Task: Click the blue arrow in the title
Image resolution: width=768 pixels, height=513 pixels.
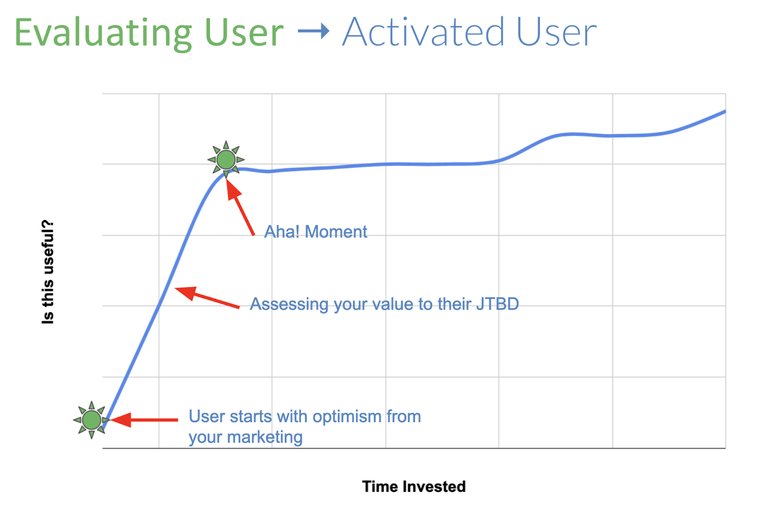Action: pos(313,32)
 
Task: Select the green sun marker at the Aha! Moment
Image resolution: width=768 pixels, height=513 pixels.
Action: pos(226,159)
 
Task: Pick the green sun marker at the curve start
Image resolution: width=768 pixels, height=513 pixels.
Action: pos(91,420)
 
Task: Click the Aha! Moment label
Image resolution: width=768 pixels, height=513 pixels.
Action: pos(315,232)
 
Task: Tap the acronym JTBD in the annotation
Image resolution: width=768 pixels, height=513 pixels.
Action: pos(497,304)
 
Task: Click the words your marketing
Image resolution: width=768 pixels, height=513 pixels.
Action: pos(245,437)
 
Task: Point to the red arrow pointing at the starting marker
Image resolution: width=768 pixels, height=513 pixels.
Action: pos(144,420)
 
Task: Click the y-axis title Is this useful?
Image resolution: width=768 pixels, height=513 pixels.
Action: pos(48,272)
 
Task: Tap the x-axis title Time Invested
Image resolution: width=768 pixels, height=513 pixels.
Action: pos(414,486)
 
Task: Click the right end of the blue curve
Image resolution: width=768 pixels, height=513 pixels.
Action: pos(724,111)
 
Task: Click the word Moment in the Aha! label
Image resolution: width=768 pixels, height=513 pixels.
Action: pos(336,232)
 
